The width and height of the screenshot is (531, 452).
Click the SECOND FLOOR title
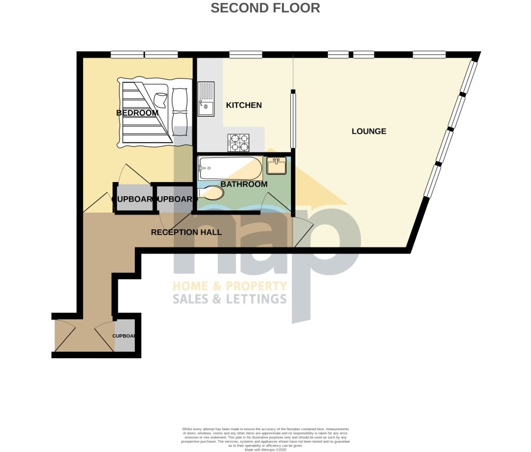pos(265,8)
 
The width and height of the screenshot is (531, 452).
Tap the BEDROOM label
pos(137,113)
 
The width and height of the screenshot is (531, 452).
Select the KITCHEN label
pos(244,105)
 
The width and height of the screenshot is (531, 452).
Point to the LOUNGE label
pos(369,131)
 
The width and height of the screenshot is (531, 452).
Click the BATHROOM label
pos(244,184)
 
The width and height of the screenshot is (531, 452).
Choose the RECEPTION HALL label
pos(186,232)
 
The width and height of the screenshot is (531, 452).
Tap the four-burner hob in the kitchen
pos(238,143)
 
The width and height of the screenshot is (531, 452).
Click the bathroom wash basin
pos(276,166)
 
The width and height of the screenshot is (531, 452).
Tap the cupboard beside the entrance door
pos(125,336)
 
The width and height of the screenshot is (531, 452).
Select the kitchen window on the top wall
pos(245,55)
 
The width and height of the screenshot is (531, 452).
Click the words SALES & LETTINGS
pos(229,299)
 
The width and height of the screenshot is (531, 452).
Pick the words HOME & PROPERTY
pos(229,286)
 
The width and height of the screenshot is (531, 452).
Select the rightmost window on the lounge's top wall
pos(429,55)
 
